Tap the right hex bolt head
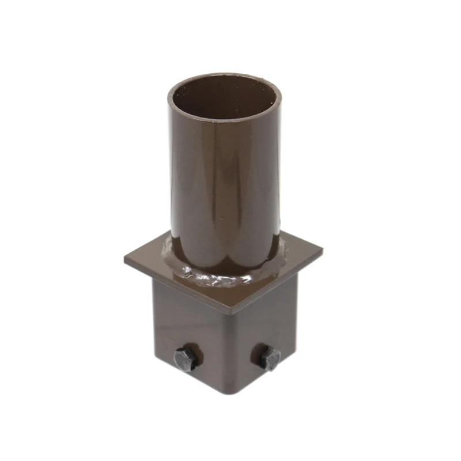[x=269, y=358]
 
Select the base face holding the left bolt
[x=184, y=334]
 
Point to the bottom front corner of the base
[x=226, y=396]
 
